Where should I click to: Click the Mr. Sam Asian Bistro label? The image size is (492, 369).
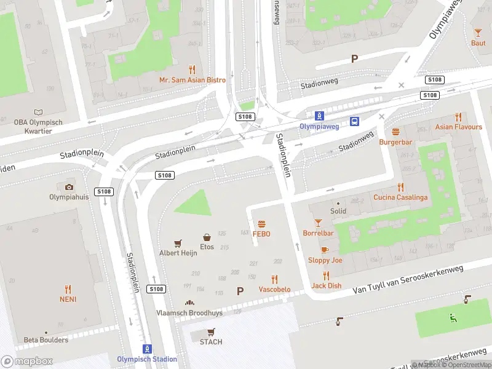192,80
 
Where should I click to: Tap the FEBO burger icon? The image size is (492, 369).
261,224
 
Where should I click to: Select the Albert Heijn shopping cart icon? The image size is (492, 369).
178,243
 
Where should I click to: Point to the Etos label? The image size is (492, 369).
207,247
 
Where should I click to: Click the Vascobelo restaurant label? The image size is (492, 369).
274,289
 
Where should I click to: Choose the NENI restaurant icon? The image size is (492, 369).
68,288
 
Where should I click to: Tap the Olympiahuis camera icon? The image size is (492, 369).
69,187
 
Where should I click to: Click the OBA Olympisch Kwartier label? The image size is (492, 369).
38,127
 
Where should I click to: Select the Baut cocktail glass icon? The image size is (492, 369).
478,33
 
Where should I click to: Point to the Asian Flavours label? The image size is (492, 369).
459,127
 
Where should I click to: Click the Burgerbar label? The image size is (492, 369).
395,142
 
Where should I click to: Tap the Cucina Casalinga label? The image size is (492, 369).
400,197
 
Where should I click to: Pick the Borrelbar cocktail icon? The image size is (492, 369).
318,223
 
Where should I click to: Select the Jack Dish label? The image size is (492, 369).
326,285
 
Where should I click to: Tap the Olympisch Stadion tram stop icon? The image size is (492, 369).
147,349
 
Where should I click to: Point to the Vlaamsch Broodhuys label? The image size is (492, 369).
189,312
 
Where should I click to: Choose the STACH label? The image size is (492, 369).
211,342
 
